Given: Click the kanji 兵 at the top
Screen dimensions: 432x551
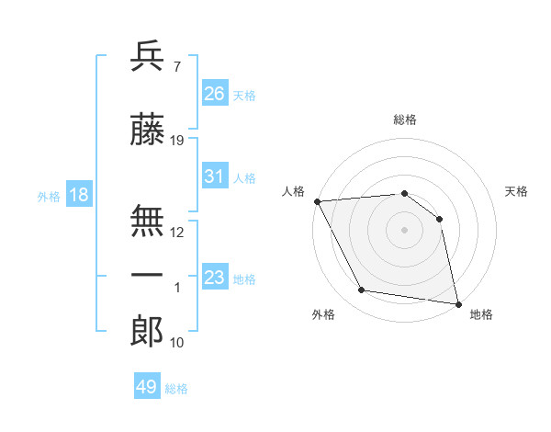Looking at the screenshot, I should [148, 58].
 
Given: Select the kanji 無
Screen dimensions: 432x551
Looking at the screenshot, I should [148, 218].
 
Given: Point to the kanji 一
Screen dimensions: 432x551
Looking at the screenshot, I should [148, 275].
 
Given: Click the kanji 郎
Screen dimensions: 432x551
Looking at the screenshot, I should [148, 332].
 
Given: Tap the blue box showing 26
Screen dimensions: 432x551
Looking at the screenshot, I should [215, 93].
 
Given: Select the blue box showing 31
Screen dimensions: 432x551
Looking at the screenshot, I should [215, 176].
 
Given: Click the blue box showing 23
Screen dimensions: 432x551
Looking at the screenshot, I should [215, 278].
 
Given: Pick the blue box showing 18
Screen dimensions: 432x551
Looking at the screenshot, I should [78, 195].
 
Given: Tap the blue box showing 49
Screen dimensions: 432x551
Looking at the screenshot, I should [147, 387].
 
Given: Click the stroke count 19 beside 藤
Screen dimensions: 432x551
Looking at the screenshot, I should [177, 141].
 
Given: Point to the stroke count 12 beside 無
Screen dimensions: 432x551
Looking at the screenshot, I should [177, 232].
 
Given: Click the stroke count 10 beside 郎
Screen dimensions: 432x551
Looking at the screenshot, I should [177, 343].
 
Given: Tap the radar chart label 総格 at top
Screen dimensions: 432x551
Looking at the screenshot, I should [405, 119].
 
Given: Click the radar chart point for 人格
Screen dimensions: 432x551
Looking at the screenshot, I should [317, 201].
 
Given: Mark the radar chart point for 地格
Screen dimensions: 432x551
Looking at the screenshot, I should [456, 303].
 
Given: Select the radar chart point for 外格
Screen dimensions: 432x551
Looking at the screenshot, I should [362, 290].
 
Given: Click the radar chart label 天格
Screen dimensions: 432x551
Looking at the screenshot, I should [517, 191].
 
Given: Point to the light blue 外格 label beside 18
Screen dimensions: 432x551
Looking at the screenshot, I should [49, 196].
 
